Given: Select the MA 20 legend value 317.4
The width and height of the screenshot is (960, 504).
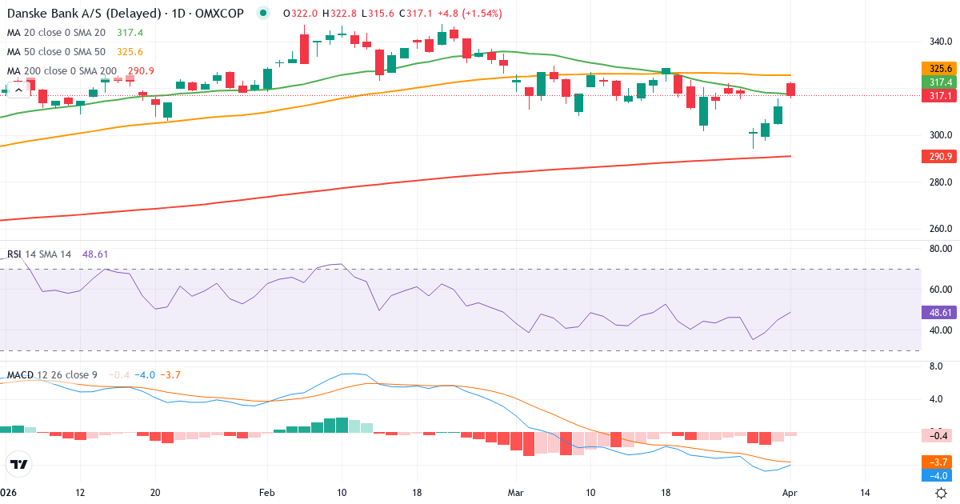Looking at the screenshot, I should click(129, 33).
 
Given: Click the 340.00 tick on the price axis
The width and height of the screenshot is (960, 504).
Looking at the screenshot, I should click(939, 42).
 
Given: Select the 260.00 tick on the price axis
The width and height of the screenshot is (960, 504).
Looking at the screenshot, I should click(939, 229).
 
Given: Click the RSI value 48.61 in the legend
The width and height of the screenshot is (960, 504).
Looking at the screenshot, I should click(95, 254).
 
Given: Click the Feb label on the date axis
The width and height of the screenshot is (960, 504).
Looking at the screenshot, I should click(267, 493).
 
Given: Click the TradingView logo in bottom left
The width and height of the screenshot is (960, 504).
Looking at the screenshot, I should click(19, 464).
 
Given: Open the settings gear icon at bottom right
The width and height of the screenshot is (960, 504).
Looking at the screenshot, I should click(942, 493).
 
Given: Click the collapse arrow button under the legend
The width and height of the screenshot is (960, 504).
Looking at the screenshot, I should click(18, 90).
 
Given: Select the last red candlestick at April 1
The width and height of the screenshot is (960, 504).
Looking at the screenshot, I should click(791, 90).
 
